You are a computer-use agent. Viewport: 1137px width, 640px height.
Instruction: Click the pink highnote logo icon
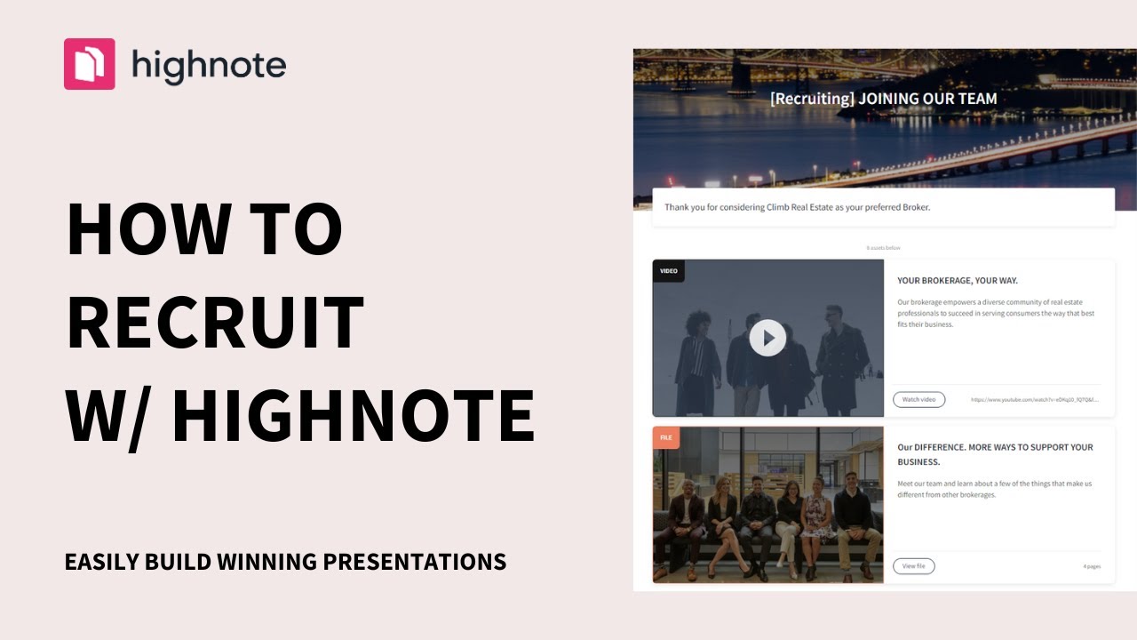click(x=89, y=64)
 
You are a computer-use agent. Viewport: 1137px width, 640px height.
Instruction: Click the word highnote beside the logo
click(x=209, y=65)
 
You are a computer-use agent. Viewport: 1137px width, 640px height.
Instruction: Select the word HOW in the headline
click(x=143, y=228)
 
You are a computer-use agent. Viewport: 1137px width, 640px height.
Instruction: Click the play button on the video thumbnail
click(x=767, y=338)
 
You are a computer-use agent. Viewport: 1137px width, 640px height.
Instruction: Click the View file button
click(x=913, y=566)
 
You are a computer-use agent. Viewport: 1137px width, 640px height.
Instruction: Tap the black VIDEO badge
click(x=668, y=270)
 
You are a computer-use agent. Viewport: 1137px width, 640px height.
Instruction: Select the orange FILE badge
click(x=665, y=437)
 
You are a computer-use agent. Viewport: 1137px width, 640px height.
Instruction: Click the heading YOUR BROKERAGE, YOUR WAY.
click(x=958, y=281)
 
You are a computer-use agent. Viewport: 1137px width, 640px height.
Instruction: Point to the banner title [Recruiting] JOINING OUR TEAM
click(x=883, y=99)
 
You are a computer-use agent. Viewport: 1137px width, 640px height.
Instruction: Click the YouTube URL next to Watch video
click(x=1035, y=400)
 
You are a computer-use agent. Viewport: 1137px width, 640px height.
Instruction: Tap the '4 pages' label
click(x=1091, y=566)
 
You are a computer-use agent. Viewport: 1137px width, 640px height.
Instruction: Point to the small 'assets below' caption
click(x=883, y=248)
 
